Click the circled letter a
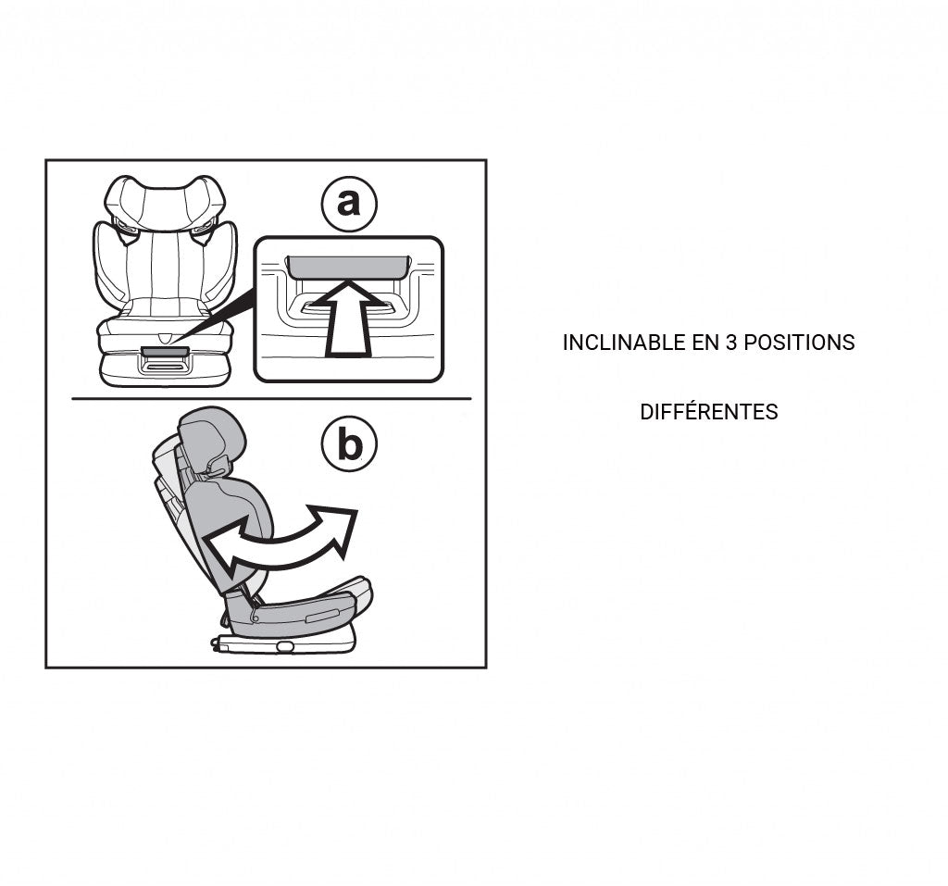[349, 203]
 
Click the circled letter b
[349, 445]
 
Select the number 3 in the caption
[730, 343]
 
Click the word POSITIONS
[798, 343]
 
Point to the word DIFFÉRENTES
[708, 412]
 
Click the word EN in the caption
[706, 343]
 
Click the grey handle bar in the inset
[348, 268]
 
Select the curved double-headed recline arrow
[278, 542]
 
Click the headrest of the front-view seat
[165, 202]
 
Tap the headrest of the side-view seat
[212, 435]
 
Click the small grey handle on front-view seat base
[165, 352]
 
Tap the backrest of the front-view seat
[165, 268]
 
